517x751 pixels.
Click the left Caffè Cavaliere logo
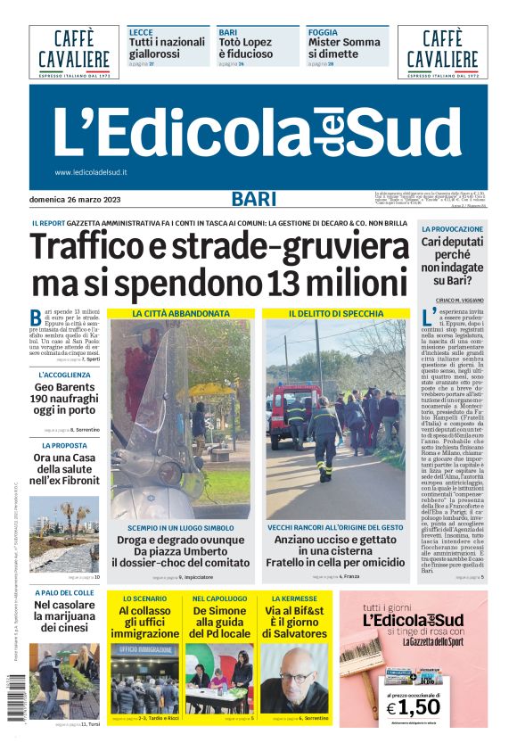coord(73,52)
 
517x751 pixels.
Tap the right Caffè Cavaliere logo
coord(442,52)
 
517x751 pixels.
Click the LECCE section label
coord(141,32)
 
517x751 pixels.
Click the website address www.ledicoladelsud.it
coord(91,172)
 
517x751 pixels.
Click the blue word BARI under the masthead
coord(254,199)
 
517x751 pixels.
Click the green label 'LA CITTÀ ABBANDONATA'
coord(181,314)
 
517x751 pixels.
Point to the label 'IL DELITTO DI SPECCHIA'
coord(336,314)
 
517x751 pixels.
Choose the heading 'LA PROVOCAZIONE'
coord(453,229)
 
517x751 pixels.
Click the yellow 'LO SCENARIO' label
coord(144,598)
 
